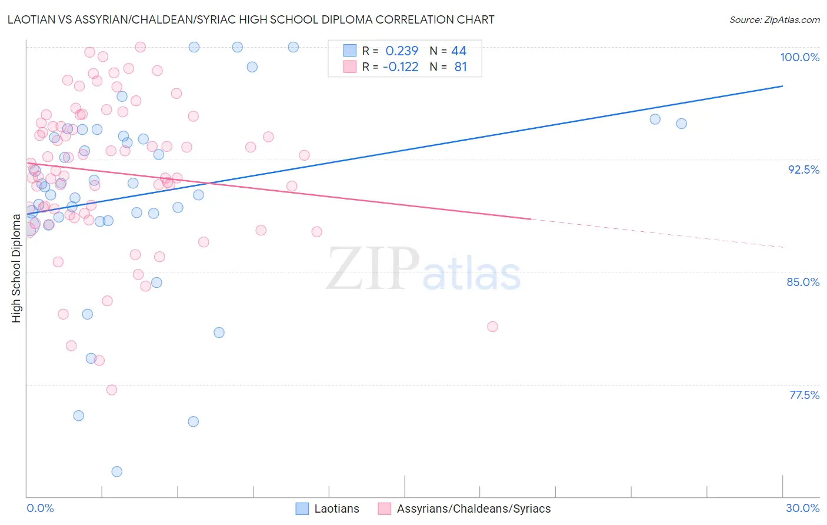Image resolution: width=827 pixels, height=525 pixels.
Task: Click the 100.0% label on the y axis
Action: tap(799, 57)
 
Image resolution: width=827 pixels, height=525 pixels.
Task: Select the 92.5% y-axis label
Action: tap(803, 170)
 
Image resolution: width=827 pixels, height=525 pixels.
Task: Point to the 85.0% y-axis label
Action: tap(803, 282)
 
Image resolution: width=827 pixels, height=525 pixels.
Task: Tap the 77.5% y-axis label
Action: tap(804, 395)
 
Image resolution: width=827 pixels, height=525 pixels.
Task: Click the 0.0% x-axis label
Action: tap(40, 508)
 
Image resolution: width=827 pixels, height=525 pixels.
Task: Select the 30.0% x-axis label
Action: tap(802, 508)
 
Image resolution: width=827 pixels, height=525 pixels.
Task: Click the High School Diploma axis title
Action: tap(16, 268)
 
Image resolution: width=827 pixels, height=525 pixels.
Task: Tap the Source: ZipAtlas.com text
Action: tap(774, 19)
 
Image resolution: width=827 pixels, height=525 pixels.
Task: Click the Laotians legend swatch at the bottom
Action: tap(302, 509)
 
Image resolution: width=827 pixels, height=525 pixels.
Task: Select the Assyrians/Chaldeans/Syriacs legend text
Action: tap(473, 509)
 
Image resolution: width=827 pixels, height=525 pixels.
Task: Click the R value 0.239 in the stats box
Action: tap(402, 51)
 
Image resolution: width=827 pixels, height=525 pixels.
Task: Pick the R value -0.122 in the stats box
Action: tap(400, 67)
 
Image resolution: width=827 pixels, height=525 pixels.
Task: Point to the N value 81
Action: tap(461, 67)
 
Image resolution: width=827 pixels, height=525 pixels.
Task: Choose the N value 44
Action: tap(459, 51)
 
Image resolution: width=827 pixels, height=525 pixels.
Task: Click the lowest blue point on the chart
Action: tap(117, 471)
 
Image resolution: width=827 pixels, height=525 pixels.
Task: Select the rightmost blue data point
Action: tap(681, 124)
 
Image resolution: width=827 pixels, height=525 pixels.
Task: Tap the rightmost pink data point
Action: tap(492, 327)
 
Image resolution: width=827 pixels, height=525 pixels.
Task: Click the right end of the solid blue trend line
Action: tap(783, 86)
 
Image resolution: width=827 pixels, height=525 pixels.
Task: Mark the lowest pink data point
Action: tap(112, 390)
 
